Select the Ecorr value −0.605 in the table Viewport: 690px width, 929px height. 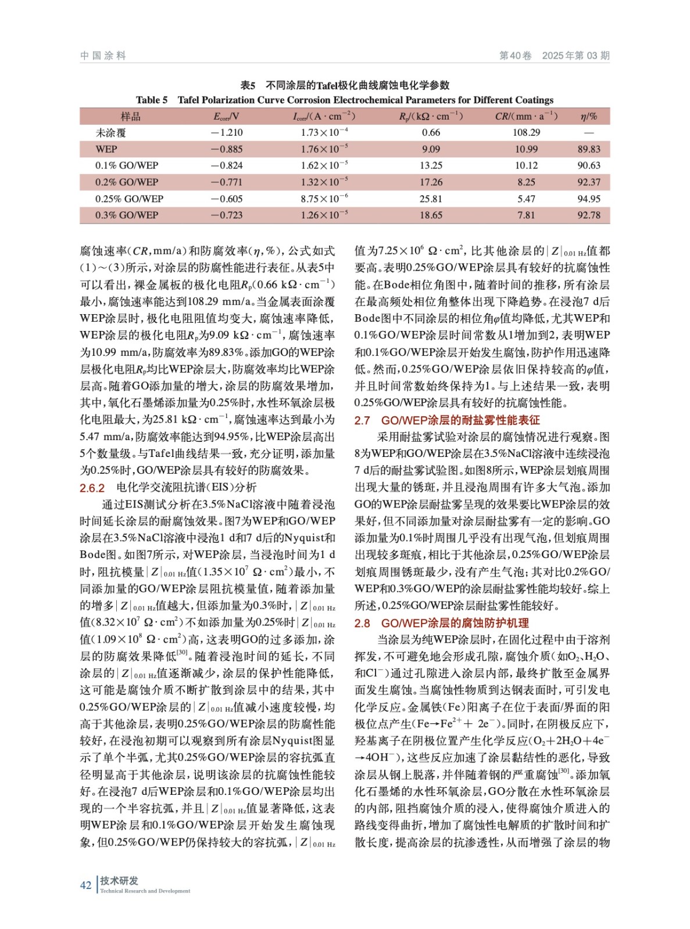tap(227, 199)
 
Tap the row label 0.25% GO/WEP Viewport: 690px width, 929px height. tap(129, 199)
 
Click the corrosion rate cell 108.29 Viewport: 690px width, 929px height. tap(526, 132)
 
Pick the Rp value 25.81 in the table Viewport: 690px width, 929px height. tap(431, 199)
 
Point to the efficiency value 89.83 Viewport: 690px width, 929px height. tap(588, 149)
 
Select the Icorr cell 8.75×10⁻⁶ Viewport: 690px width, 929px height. tap(324, 199)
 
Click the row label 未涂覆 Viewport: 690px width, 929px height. tap(110, 132)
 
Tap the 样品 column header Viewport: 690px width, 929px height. tap(130, 116)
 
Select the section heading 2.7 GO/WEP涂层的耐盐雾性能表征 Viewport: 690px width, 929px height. tap(447, 420)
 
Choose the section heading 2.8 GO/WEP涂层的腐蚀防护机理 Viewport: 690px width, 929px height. tap(441, 623)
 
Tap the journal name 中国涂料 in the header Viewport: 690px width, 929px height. tap(103, 56)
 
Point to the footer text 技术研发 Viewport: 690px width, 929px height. tap(119, 881)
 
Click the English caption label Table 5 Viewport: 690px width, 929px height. tap(152, 100)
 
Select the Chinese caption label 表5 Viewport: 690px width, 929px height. tap(248, 85)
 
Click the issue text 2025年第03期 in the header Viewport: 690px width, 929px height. tap(575, 56)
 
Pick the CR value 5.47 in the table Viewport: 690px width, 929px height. tap(526, 199)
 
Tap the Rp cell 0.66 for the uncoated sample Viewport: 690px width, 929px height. tap(431, 132)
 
